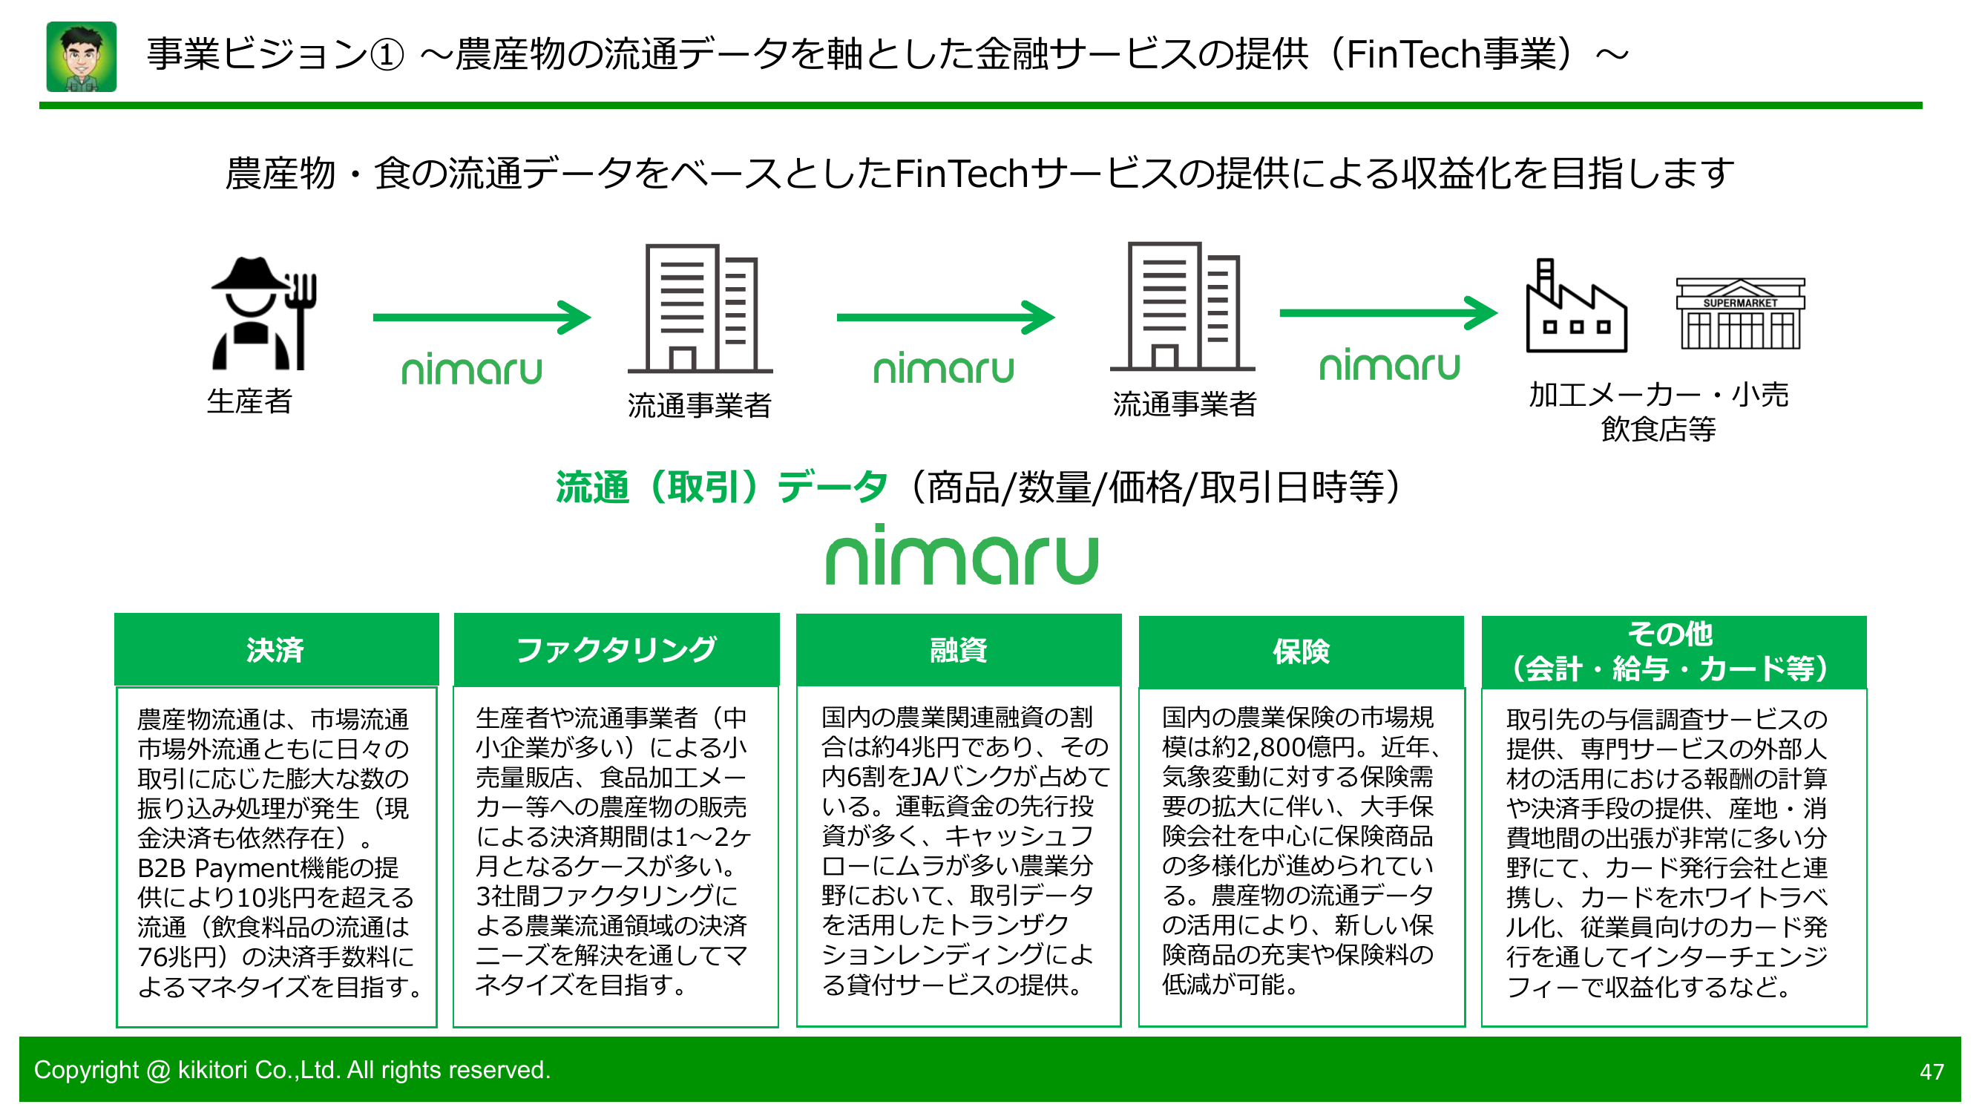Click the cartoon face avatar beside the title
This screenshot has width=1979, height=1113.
pos(82,57)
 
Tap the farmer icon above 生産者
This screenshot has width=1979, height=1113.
pos(263,313)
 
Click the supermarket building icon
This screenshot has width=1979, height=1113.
pos(1739,314)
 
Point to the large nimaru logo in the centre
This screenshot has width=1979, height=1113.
pos(961,555)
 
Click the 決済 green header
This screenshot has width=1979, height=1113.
pos(276,650)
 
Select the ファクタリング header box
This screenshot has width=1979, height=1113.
pos(616,650)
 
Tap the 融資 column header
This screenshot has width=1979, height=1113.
pos(958,650)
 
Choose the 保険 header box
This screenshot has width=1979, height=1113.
pos(1301,651)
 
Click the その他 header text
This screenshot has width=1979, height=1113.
pos(1670,634)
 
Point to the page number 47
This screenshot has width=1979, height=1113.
pos(1931,1071)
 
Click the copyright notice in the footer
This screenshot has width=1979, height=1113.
pos(292,1069)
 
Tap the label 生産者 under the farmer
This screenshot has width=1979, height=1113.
pos(249,401)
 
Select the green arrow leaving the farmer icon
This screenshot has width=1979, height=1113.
pos(482,318)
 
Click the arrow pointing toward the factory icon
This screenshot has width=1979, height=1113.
pos(1388,312)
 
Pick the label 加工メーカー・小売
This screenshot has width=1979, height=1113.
pos(1658,395)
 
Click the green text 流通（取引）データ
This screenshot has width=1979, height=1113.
pos(721,487)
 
